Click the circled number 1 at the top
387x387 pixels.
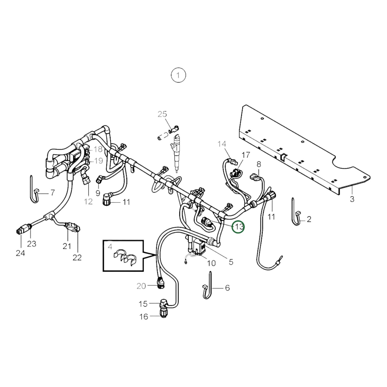(178, 75)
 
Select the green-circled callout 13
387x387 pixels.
(238, 227)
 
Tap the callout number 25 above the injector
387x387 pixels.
(162, 114)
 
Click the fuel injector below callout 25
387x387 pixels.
(176, 153)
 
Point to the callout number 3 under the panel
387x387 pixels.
(352, 199)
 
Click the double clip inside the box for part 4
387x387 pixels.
(125, 257)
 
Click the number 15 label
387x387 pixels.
(143, 304)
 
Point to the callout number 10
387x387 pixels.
(211, 263)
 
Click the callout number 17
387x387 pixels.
(246, 155)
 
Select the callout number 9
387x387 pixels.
(98, 193)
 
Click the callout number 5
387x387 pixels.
(231, 262)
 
